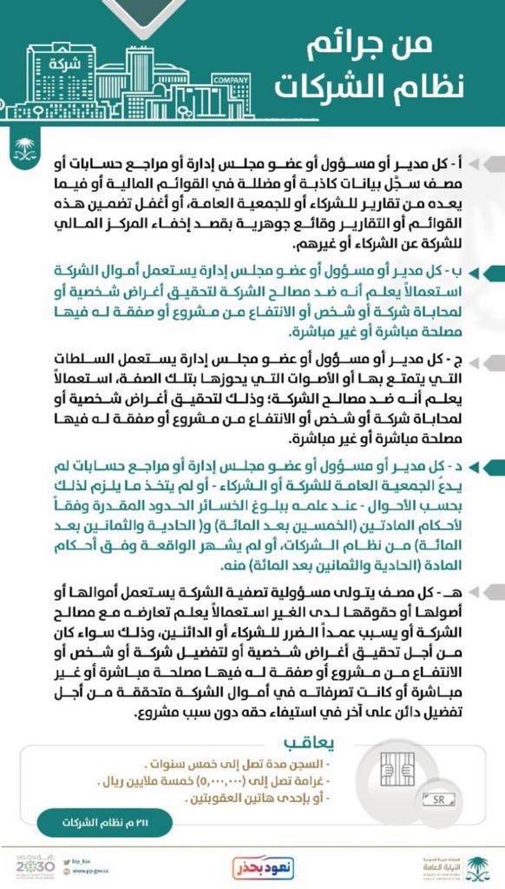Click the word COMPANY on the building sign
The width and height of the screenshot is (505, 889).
[230, 80]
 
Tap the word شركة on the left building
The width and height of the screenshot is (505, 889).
[61, 63]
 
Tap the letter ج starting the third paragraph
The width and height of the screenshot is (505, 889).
[457, 359]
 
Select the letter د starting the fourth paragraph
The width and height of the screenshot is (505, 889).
[458, 466]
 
